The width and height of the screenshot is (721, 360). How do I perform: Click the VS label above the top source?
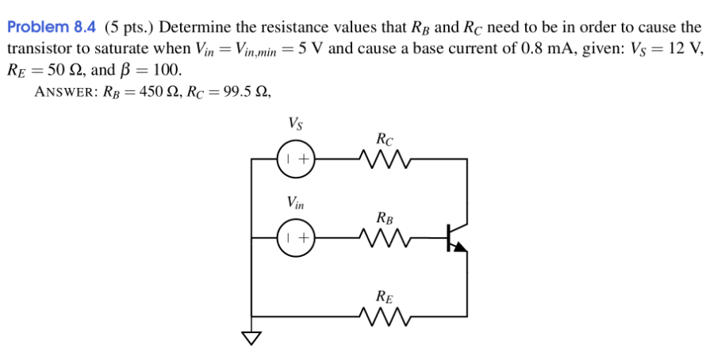coord(294,124)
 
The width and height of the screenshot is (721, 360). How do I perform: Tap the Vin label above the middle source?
coord(295,203)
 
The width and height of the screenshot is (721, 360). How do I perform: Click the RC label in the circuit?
coord(383,139)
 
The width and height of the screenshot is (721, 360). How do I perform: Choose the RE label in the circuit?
coord(383,297)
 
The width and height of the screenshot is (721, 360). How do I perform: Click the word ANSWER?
coord(63,91)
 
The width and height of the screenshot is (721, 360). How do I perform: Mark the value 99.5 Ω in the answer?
coord(239,91)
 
